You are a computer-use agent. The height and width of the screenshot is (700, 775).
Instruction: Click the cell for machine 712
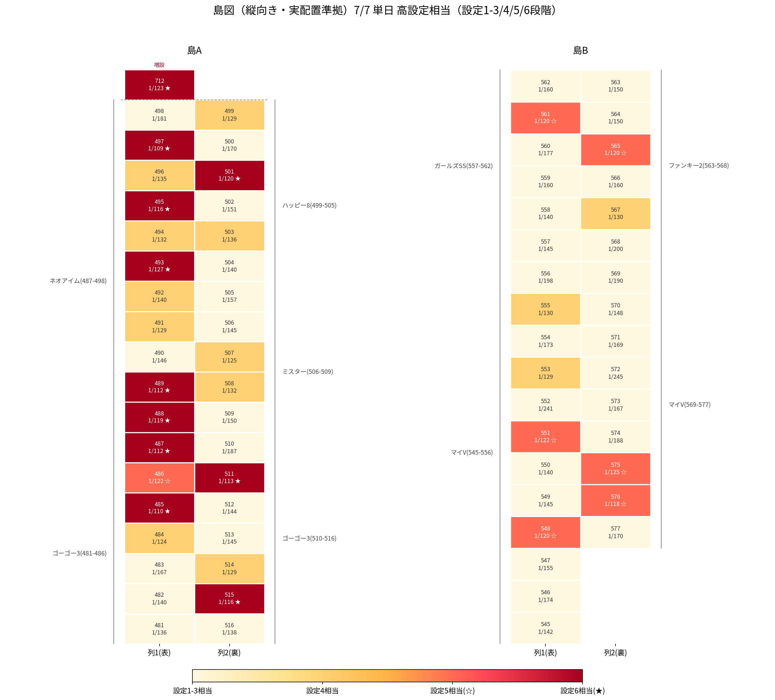tap(160, 85)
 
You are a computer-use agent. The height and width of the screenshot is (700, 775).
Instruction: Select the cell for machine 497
tap(160, 145)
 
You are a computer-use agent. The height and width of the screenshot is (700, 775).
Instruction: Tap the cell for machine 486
tap(160, 478)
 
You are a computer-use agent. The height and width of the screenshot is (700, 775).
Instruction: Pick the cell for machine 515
tap(230, 598)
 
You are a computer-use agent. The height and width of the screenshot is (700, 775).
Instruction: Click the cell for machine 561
tap(545, 117)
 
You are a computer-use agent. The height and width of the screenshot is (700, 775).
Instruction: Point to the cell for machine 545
tap(545, 628)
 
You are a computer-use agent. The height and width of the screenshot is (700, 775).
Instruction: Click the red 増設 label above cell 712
tap(159, 65)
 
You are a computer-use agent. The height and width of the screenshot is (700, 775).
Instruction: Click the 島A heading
tap(195, 50)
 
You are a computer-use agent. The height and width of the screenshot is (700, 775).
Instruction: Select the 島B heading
tap(580, 50)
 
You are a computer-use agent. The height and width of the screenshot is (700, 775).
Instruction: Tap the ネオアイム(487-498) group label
tap(78, 281)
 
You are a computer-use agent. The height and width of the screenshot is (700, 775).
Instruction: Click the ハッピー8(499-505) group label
tap(309, 205)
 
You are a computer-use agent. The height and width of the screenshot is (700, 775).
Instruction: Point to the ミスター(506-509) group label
tap(308, 372)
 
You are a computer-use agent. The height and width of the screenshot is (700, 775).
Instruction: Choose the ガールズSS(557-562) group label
tap(464, 166)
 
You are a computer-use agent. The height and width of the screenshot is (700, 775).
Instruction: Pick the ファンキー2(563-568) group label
tap(699, 166)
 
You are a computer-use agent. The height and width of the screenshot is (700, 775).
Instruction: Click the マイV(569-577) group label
tap(690, 404)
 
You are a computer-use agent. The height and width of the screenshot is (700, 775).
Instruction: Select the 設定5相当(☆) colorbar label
tap(453, 691)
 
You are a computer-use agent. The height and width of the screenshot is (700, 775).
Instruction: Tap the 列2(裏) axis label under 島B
tap(615, 653)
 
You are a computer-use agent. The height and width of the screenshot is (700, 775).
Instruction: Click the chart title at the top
tap(386, 10)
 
